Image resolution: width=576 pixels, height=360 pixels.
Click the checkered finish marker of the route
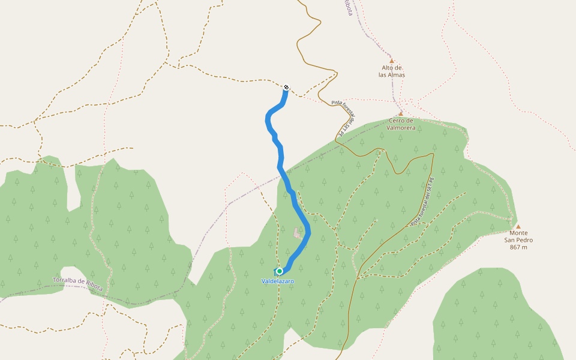tap(286, 88)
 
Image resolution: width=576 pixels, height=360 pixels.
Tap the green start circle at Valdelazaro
tap(280, 271)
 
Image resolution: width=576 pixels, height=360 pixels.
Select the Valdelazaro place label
tap(278, 281)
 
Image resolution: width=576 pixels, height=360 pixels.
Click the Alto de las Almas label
tap(392, 71)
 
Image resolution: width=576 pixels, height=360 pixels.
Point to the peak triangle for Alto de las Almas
tap(392, 61)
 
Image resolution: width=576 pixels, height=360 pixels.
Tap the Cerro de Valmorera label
tap(401, 124)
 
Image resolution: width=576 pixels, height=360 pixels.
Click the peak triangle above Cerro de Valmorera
tap(401, 113)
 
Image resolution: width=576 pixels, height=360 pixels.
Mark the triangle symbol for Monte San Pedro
tap(518, 226)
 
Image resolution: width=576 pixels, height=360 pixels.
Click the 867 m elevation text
tap(518, 247)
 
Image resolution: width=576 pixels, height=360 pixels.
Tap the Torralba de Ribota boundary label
tap(78, 283)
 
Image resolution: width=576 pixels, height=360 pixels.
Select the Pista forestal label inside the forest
tap(423, 202)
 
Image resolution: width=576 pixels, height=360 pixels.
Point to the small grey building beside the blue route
tap(297, 232)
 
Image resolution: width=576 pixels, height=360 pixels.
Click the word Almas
tap(396, 75)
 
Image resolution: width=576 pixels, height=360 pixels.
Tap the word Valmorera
tap(401, 128)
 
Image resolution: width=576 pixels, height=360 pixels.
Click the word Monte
tap(518, 233)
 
